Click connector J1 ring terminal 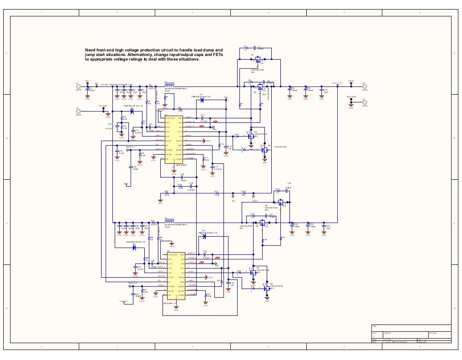pyautogui.click(x=78, y=86)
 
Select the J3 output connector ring pyautogui.click(x=364, y=86)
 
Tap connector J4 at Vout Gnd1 pyautogui.click(x=364, y=102)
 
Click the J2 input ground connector pyautogui.click(x=78, y=111)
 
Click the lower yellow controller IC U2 pyautogui.click(x=176, y=276)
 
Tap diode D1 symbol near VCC pyautogui.click(x=202, y=101)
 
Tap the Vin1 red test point pyautogui.click(x=87, y=83)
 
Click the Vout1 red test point pyautogui.click(x=351, y=84)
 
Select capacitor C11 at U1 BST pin pyautogui.click(x=203, y=118)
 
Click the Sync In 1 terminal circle pyautogui.click(x=131, y=150)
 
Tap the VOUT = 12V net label pyautogui.click(x=337, y=83)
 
